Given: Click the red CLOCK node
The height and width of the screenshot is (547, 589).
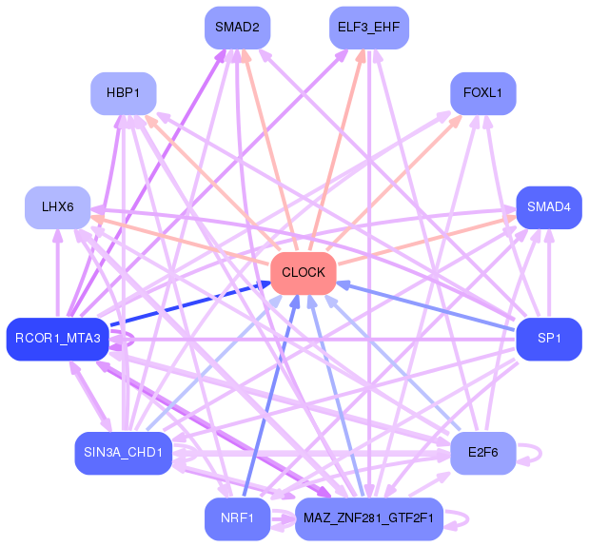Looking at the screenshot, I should pyautogui.click(x=304, y=273).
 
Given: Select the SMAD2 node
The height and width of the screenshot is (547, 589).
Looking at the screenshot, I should pyautogui.click(x=237, y=28).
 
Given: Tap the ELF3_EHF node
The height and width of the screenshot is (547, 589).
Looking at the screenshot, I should pyautogui.click(x=368, y=28).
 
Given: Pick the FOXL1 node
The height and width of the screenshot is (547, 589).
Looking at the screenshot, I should pyautogui.click(x=483, y=93).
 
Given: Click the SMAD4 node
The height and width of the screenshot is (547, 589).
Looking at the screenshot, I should pyautogui.click(x=549, y=206).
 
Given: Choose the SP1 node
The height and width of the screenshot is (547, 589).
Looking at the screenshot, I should pyautogui.click(x=549, y=339).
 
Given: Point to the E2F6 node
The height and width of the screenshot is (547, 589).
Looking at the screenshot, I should pyautogui.click(x=483, y=453).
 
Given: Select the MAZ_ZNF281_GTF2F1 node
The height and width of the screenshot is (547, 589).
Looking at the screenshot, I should pyautogui.click(x=368, y=518).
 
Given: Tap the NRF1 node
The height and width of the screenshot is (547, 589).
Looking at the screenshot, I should pyautogui.click(x=237, y=518).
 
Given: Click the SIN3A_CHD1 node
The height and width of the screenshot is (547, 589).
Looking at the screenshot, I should pyautogui.click(x=122, y=453).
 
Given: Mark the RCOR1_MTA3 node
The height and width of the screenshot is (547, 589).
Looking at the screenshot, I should pyautogui.click(x=57, y=339).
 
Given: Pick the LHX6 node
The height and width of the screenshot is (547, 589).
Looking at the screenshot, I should pyautogui.click(x=57, y=206).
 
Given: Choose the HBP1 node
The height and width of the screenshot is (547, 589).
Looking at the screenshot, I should pyautogui.click(x=123, y=93).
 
